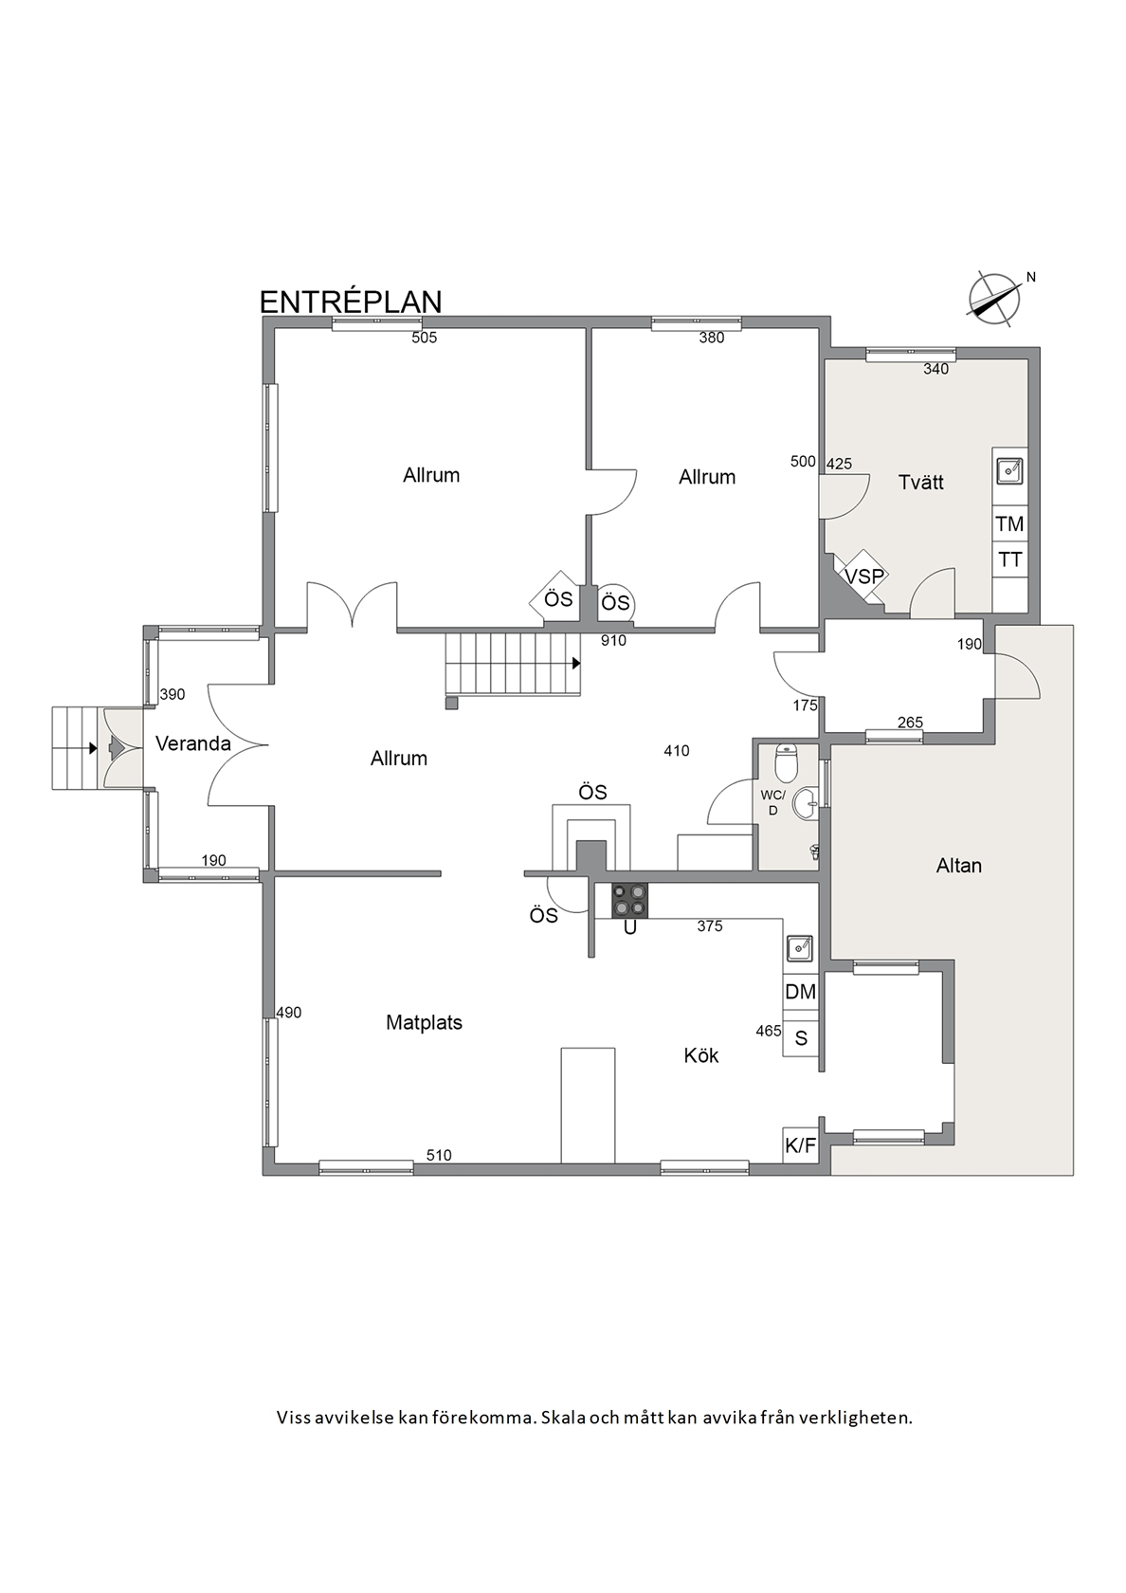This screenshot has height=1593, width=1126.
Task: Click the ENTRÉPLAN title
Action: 351,302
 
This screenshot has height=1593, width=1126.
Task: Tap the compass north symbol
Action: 995,299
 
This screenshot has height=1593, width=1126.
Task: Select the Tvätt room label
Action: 920,482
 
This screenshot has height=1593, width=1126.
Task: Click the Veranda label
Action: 193,743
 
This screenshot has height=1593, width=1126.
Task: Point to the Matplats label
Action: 424,1022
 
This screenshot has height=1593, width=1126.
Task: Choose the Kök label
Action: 701,1055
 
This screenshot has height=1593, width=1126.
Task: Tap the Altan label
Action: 959,866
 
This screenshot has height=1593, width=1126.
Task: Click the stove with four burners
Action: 629,901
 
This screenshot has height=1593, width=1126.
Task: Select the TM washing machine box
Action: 1009,524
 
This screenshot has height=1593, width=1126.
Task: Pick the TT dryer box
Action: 1009,559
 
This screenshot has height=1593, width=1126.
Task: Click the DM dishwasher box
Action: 800,992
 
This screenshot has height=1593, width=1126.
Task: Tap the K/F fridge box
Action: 800,1145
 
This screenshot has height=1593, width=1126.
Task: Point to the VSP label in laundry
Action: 864,576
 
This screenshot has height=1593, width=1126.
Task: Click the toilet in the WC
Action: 787,762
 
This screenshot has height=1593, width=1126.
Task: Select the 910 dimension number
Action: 613,641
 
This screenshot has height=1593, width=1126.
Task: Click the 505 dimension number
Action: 425,338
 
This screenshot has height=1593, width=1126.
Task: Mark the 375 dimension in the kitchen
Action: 709,925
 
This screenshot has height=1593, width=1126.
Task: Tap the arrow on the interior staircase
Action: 576,664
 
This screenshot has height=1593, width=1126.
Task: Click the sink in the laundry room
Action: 1009,469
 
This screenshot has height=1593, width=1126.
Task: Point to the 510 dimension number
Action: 439,1156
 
